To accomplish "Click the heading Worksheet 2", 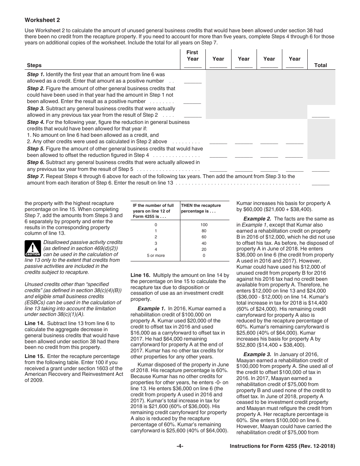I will (x=42, y=20).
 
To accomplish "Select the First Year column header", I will (x=193, y=56).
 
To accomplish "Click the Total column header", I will (x=320, y=65).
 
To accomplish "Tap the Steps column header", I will (x=34, y=65).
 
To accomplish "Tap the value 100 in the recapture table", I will (x=204, y=225).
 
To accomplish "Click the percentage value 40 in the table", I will (x=204, y=243).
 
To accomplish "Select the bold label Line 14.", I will (x=35, y=323).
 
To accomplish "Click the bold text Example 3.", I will (x=257, y=354).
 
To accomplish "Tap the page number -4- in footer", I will (x=180, y=446).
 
